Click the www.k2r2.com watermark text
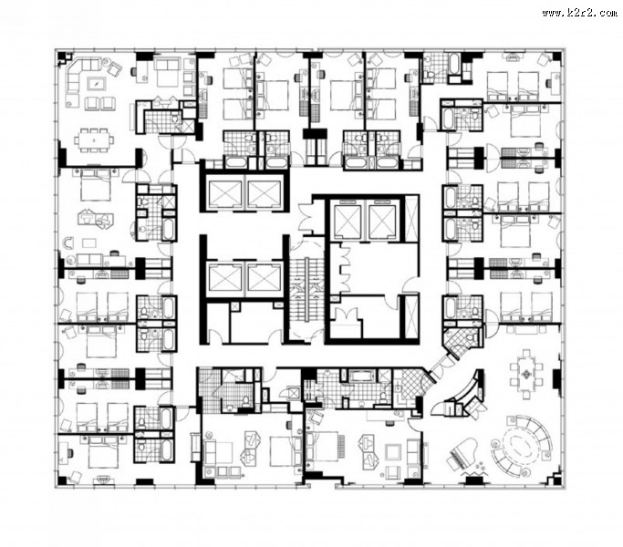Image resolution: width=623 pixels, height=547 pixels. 579,13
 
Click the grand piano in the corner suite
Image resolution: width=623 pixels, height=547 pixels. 461,454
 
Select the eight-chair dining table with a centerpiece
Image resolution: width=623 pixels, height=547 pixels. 526,374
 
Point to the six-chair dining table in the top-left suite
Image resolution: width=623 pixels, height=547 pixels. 94,139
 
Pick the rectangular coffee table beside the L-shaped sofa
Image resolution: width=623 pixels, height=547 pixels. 97,84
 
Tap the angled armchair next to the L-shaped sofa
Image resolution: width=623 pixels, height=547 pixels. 114,68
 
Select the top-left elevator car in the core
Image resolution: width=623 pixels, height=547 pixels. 225,194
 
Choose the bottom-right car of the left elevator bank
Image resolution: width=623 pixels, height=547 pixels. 264,276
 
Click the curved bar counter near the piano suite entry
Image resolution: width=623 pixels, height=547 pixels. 466,391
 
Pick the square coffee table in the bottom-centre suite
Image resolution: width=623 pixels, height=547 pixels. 393,451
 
